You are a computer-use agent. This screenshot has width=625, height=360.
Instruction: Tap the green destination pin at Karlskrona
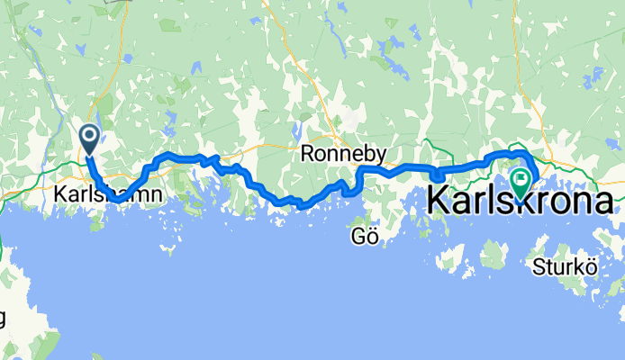tap(521, 183)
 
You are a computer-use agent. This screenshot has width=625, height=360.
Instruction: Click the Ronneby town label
tap(343, 155)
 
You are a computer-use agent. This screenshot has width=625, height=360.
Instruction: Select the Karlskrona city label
tap(521, 200)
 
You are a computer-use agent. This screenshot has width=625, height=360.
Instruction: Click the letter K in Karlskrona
tap(439, 200)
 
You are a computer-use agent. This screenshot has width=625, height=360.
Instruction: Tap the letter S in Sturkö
tap(538, 265)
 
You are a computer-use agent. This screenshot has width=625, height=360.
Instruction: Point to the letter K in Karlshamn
tap(59, 194)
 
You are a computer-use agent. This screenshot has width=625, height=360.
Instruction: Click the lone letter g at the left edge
tap(3, 319)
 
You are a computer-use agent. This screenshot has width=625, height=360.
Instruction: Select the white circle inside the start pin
tap(90, 136)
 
